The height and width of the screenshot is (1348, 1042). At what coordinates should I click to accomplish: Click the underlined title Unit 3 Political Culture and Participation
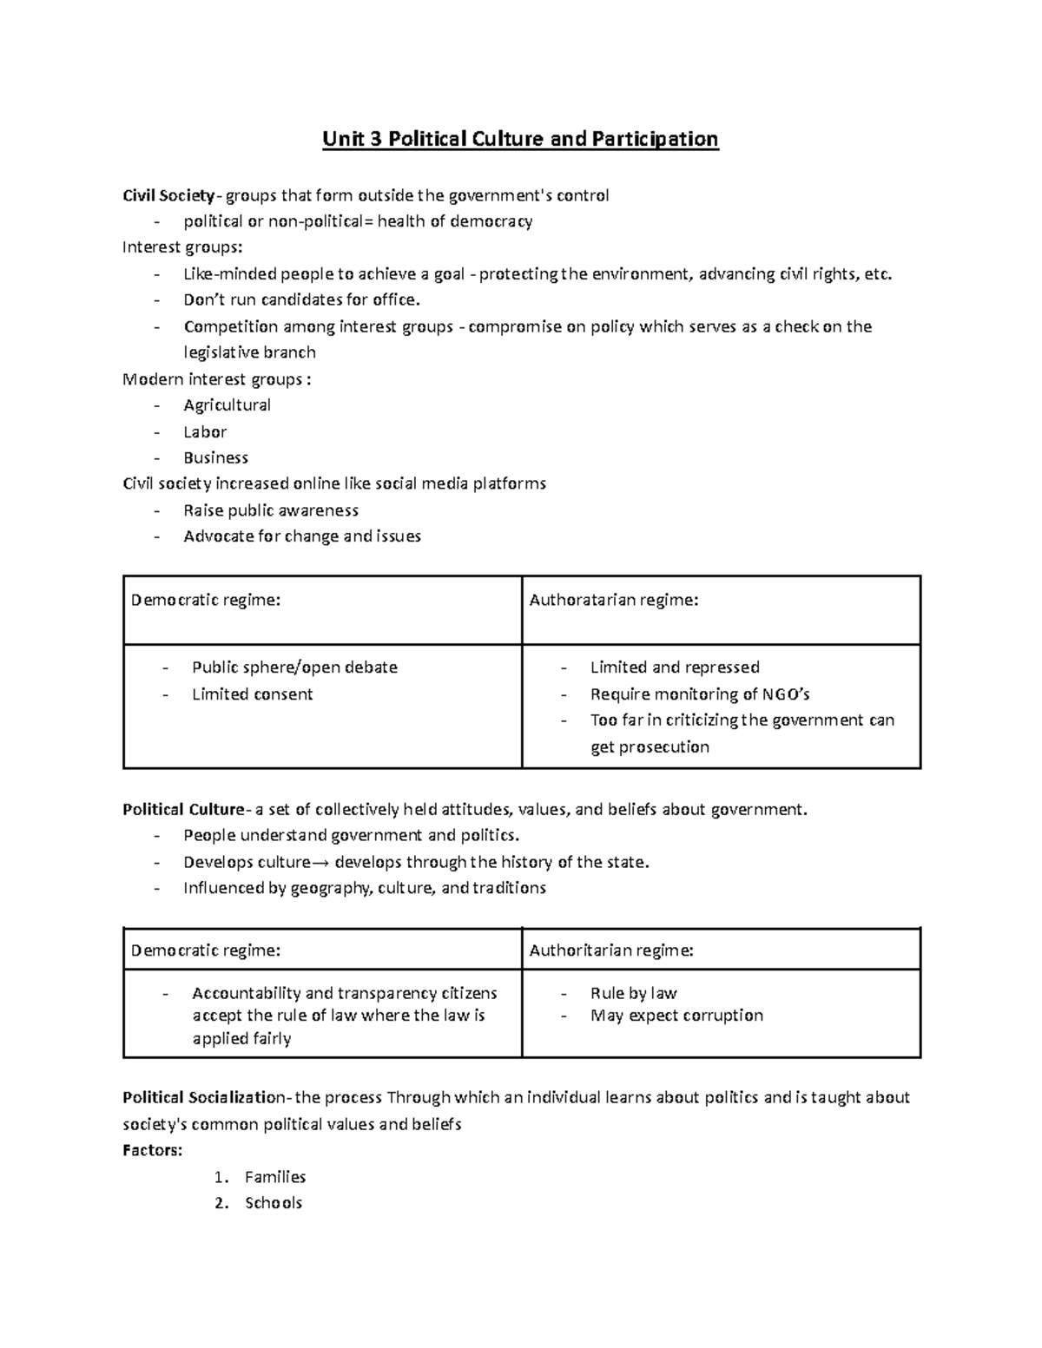(x=520, y=139)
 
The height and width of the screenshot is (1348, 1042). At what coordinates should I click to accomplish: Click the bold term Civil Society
(x=168, y=195)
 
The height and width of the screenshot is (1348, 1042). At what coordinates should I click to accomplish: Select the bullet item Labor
(x=205, y=431)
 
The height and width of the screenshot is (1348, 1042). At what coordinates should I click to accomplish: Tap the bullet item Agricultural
(x=227, y=405)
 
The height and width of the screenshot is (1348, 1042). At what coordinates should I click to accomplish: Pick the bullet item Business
(x=215, y=457)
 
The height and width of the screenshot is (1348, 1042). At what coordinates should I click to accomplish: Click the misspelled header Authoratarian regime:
(x=613, y=600)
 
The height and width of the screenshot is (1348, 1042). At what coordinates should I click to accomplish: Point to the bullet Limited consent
(x=252, y=694)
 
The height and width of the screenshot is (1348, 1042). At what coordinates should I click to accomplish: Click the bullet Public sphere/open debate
(x=294, y=667)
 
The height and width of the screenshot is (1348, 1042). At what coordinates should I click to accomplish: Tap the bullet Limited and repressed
(x=675, y=667)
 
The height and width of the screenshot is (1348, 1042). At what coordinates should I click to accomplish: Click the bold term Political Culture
(x=182, y=810)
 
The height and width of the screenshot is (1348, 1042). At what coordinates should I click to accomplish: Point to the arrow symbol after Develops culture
(x=321, y=863)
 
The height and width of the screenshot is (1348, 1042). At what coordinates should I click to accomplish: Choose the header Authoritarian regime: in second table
(x=611, y=950)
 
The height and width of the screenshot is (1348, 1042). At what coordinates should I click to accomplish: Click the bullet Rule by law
(x=633, y=993)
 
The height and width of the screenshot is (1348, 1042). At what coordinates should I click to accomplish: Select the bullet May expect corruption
(x=676, y=1016)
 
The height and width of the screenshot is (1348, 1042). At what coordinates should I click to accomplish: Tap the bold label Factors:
(x=153, y=1150)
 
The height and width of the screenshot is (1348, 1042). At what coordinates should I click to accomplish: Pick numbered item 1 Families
(x=274, y=1177)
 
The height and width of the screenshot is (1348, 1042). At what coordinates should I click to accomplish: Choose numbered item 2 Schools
(x=273, y=1203)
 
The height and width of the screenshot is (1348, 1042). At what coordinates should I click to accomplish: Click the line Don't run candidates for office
(x=301, y=300)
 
